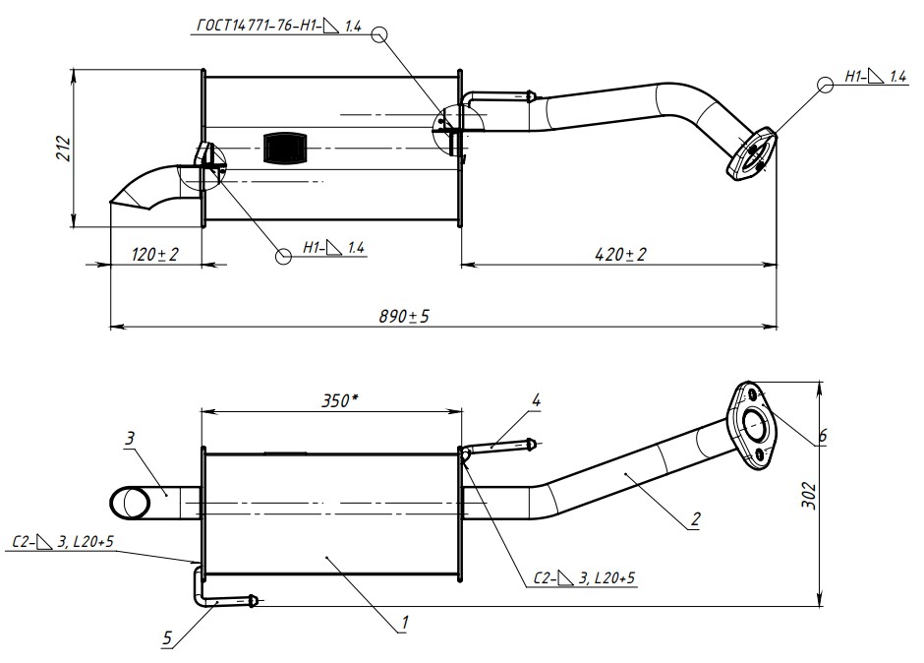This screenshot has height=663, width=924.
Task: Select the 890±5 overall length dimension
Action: pyautogui.click(x=404, y=316)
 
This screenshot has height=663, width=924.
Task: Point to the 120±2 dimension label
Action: pyautogui.click(x=155, y=255)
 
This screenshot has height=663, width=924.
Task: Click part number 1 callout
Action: pyautogui.click(x=403, y=623)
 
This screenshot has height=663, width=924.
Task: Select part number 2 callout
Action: pyautogui.click(x=695, y=521)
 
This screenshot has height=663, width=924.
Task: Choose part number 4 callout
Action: pyautogui.click(x=536, y=400)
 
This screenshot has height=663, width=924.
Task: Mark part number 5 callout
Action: pyautogui.click(x=167, y=638)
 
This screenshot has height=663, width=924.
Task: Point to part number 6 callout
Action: pyautogui.click(x=822, y=434)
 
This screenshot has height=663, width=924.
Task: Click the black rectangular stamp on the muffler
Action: pyautogui.click(x=286, y=147)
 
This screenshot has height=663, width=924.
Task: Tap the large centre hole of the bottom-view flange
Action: pyautogui.click(x=755, y=428)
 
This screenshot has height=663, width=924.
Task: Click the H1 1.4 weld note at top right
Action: pyautogui.click(x=876, y=76)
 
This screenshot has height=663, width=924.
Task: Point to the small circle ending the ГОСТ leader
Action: pyautogui.click(x=381, y=34)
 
